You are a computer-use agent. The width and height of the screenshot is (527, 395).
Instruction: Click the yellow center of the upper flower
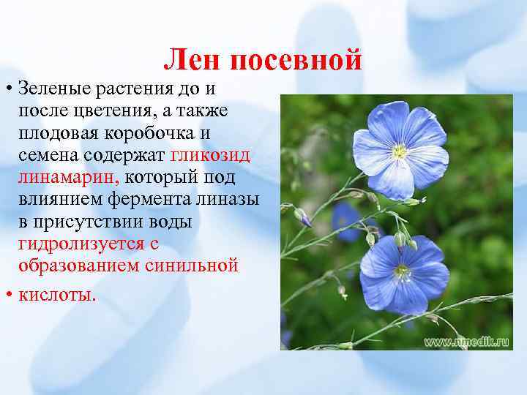(400, 151)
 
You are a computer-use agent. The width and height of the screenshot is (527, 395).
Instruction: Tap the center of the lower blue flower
(402, 271)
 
